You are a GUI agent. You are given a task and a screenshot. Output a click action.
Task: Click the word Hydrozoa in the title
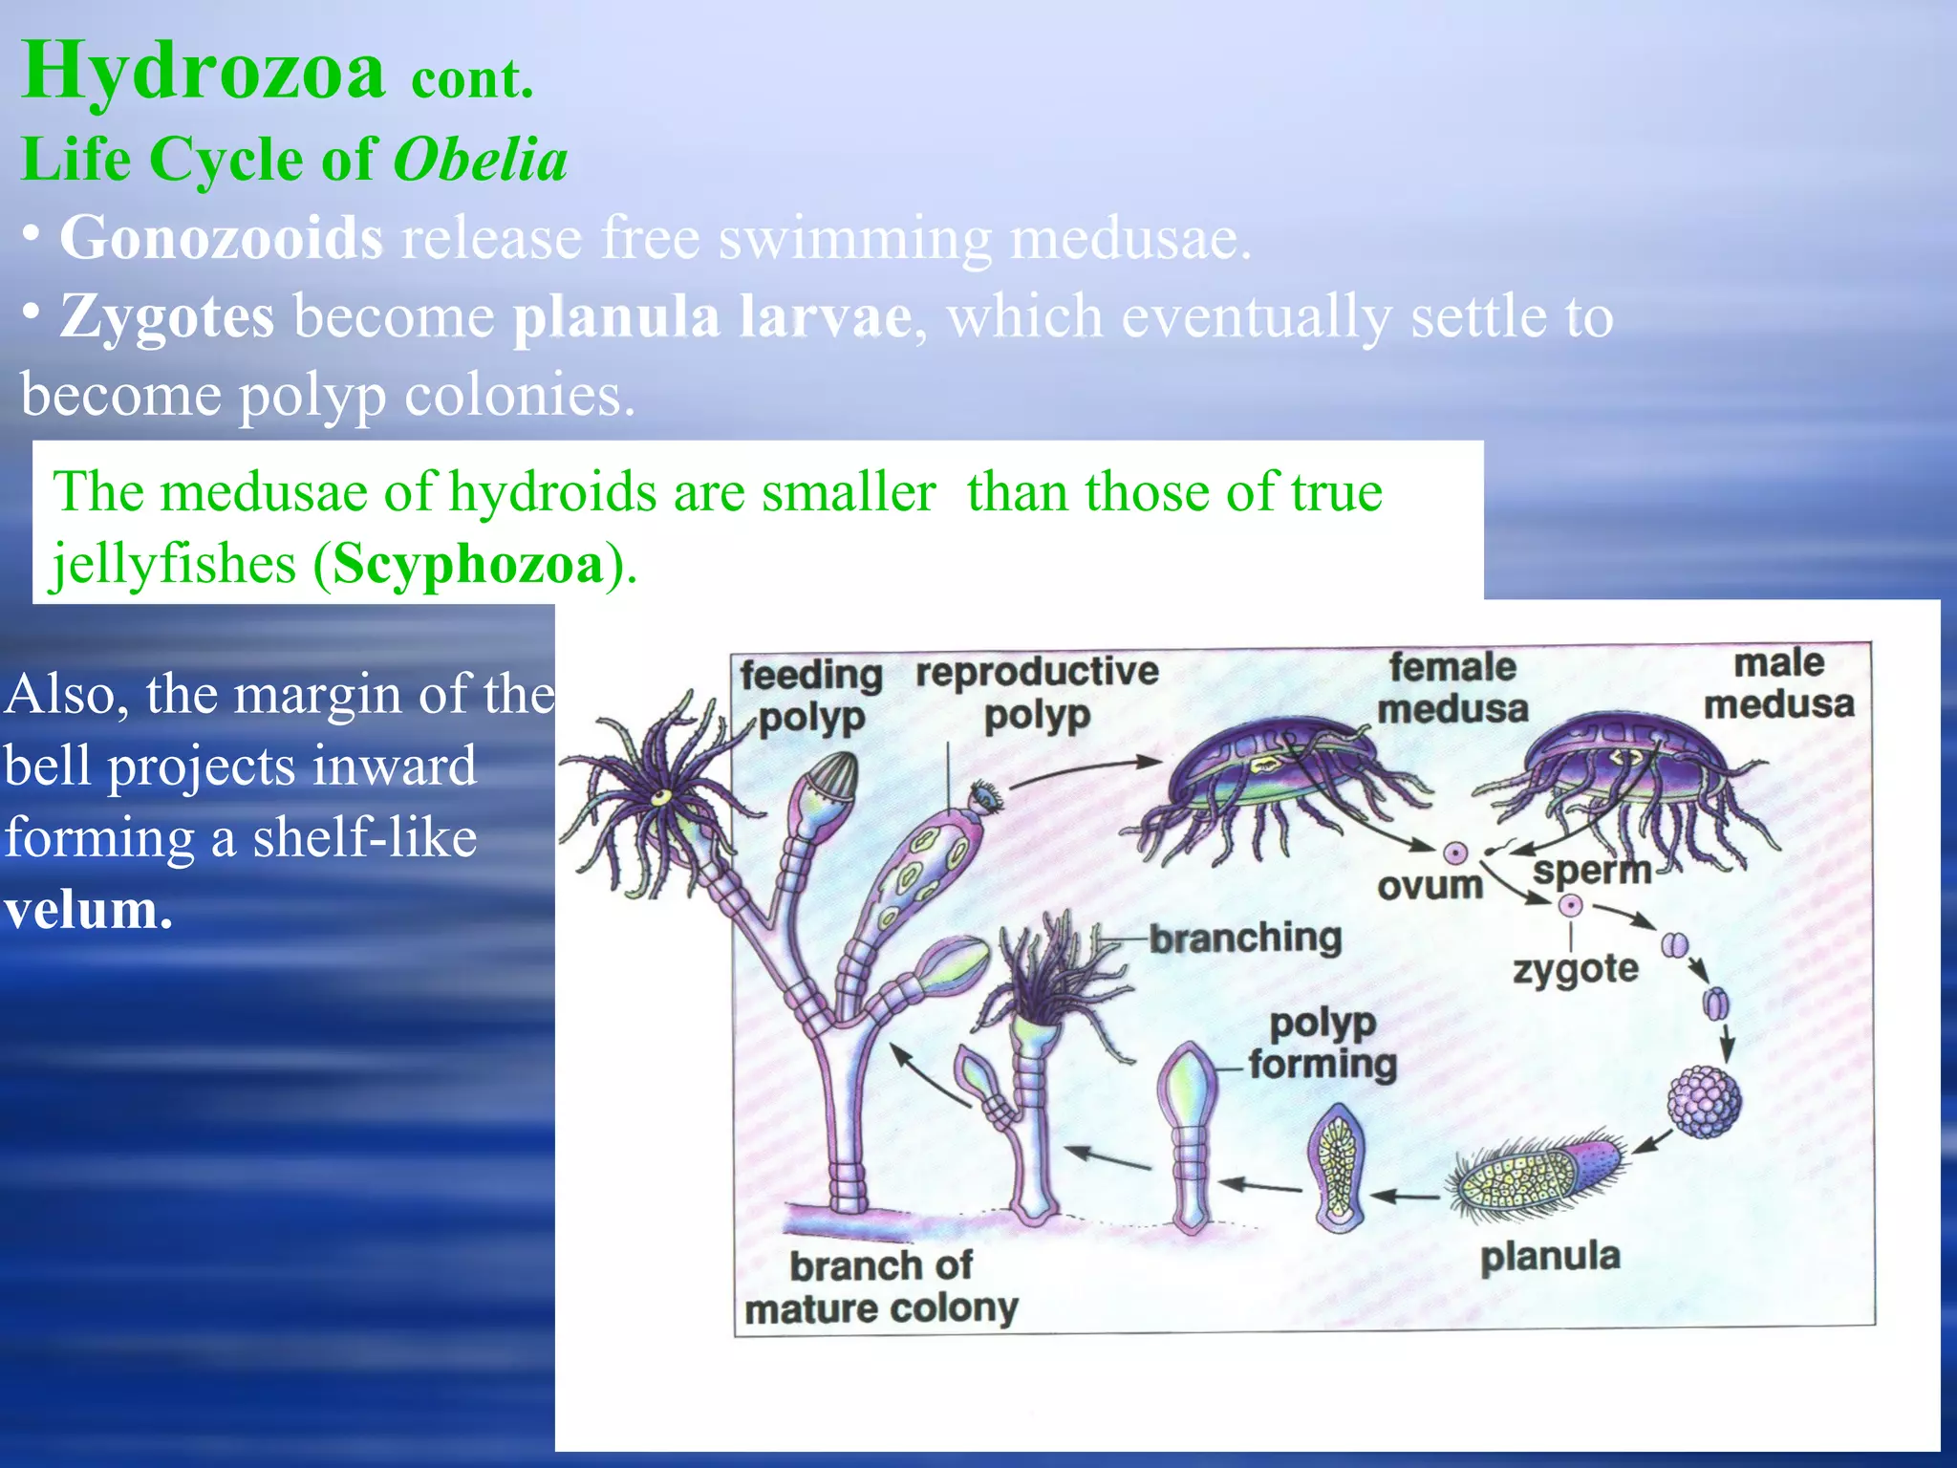[203, 72]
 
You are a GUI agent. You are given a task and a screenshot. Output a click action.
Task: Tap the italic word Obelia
[481, 160]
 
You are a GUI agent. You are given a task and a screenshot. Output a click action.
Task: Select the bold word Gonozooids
[222, 238]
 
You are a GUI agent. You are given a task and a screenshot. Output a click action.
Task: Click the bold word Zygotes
[167, 316]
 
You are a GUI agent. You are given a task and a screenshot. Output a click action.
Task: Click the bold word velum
[88, 910]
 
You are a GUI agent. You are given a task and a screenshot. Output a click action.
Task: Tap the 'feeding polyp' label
[811, 695]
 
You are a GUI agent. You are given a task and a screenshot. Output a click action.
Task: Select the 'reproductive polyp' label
[1037, 692]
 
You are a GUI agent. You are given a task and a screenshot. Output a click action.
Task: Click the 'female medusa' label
[1452, 687]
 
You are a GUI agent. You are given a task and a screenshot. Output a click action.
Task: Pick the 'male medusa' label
[1778, 683]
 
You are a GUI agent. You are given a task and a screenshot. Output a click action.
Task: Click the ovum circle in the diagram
[1455, 853]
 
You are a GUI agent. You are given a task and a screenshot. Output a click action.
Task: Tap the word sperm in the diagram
[1592, 871]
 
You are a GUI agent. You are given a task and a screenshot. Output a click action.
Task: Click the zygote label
[1575, 969]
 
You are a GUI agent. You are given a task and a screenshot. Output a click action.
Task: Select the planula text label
[1550, 1256]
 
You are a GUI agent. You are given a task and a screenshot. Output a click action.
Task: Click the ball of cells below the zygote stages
[1704, 1102]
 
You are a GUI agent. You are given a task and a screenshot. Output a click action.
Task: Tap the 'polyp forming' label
[1323, 1043]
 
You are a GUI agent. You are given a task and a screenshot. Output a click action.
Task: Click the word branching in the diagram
[1245, 938]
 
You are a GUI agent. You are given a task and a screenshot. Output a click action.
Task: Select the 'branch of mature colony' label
[881, 1286]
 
